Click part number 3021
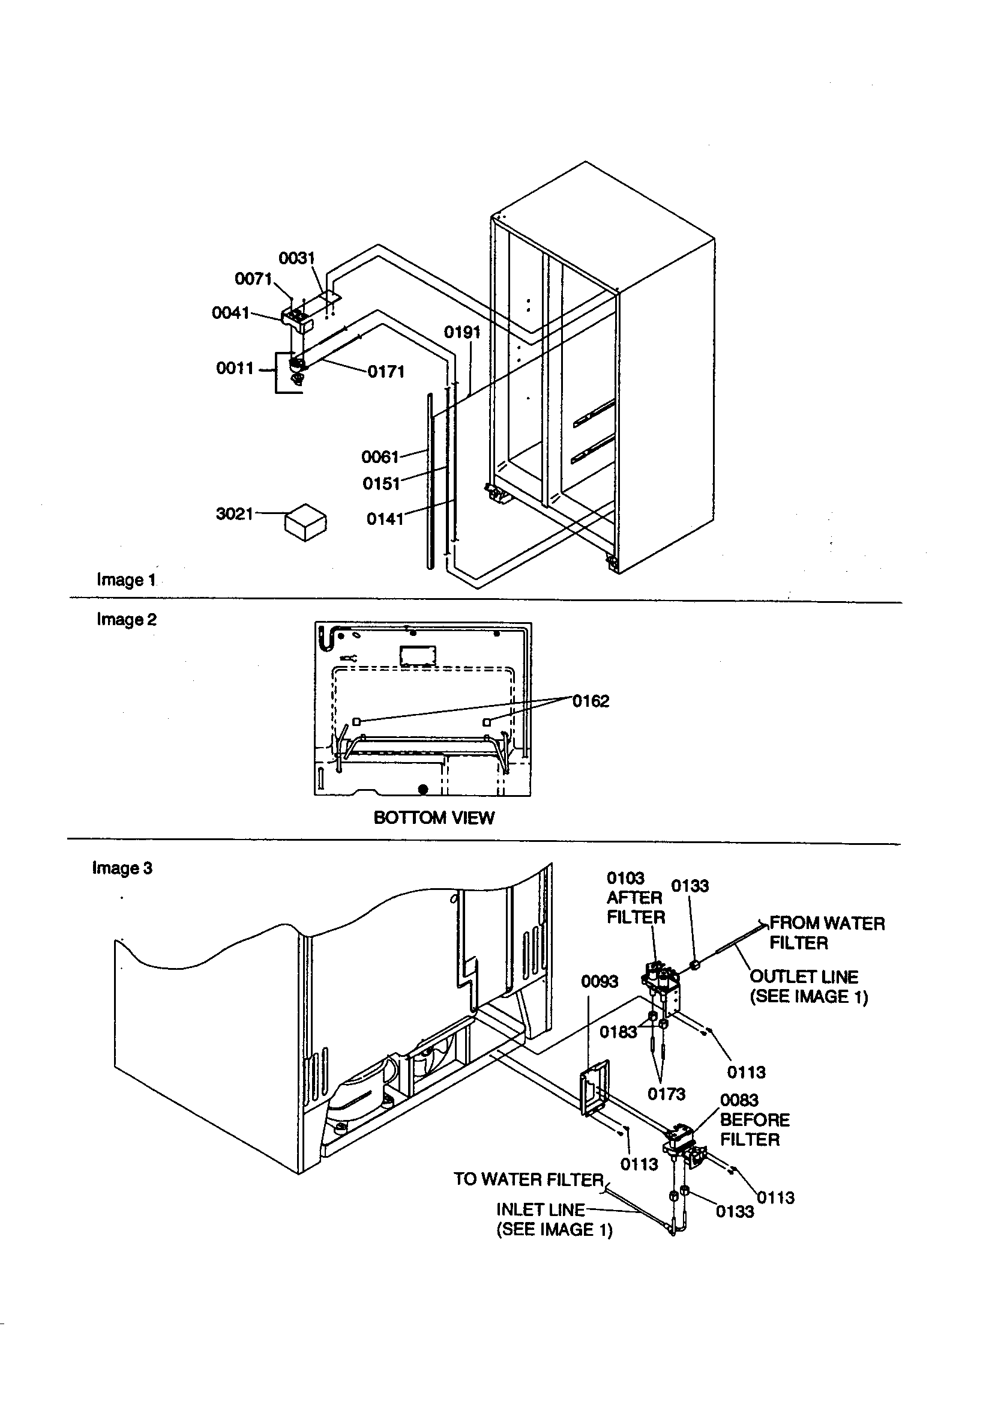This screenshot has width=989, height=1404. pos(234,513)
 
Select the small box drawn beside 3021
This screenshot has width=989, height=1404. pos(305,522)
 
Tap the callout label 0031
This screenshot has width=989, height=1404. pos(296,258)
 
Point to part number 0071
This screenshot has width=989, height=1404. pos(253,279)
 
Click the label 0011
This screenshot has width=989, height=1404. pos(235,368)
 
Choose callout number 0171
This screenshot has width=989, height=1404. pos(386,372)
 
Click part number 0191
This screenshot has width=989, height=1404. pos(462,333)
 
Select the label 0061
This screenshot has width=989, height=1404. pos(380,457)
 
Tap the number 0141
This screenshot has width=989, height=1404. pos(385,519)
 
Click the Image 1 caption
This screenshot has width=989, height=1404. pos(126,579)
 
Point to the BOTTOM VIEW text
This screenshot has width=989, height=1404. pos(433,817)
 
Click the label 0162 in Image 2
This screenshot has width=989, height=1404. pos(591,701)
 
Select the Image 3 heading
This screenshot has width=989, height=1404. pos(122,868)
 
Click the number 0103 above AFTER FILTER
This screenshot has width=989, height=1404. pos(625,878)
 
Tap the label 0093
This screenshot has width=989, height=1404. pos(599,981)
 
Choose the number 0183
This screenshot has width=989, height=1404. pos(618,1032)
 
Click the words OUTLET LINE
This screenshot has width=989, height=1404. pos(804,976)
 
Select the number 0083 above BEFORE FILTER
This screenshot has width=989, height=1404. pos(739,1100)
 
